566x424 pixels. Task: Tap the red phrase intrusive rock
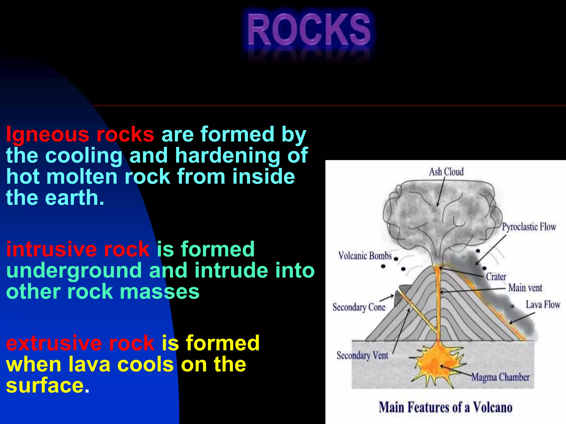click(78, 249)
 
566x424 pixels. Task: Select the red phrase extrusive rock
click(80, 343)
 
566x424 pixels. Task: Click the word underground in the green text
click(74, 271)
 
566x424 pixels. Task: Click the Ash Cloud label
click(446, 172)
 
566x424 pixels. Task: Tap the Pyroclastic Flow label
click(529, 227)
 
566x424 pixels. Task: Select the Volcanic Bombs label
click(365, 256)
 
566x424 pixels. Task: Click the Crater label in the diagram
click(496, 277)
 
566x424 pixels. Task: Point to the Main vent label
click(525, 288)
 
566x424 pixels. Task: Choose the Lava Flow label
click(543, 304)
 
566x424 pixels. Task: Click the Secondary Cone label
click(359, 307)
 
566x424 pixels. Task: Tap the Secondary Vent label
click(362, 355)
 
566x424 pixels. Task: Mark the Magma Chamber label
click(500, 377)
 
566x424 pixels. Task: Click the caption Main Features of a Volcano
click(446, 407)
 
